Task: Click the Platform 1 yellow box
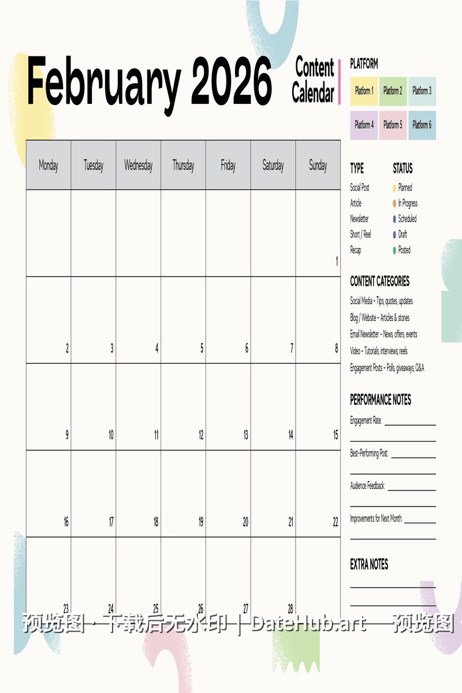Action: coord(364,91)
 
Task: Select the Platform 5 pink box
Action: coord(393,125)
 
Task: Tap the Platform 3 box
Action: coord(422,91)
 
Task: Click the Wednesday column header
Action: coord(139,166)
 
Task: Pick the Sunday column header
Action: coord(318,166)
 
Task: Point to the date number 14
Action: coord(290,435)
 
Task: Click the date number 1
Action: coord(337,262)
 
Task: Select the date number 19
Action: coord(200,522)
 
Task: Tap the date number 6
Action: coord(247,349)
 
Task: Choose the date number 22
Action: coord(336,522)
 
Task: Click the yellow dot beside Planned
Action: coord(394,188)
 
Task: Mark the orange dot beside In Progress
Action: coord(394,203)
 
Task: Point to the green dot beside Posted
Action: coord(394,250)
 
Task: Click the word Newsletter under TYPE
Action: coord(359,219)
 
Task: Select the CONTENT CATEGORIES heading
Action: coord(379,282)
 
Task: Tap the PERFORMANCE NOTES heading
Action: coord(381,400)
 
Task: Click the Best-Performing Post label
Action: coord(369,454)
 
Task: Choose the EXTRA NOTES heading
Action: coord(369,565)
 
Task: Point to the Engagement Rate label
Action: coord(366,421)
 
